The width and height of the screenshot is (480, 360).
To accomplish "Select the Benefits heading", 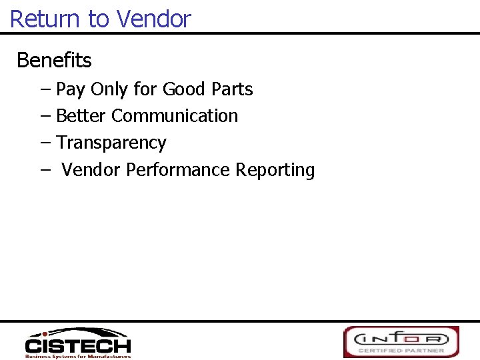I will (x=54, y=61).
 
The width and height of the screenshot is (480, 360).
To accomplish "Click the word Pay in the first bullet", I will (x=71, y=89).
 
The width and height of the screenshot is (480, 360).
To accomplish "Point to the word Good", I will (x=184, y=89).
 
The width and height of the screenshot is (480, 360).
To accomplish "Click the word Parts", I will (x=232, y=89).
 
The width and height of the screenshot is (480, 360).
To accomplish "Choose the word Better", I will (x=81, y=116).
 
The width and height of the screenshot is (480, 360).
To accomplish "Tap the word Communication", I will (x=175, y=116).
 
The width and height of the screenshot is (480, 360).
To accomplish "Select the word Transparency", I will (x=111, y=143).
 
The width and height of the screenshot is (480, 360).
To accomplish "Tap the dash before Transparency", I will (x=45, y=143).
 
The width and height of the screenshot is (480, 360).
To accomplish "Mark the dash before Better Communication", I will (x=45, y=116).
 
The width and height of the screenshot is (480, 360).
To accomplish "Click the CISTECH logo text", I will (x=78, y=346).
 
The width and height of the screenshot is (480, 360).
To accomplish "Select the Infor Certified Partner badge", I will (x=401, y=341).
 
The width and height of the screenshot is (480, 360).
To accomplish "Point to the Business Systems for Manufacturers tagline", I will (x=78, y=356).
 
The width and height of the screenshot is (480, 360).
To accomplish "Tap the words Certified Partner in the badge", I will (x=401, y=350).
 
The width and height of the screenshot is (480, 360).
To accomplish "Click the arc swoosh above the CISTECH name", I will (x=83, y=333).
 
